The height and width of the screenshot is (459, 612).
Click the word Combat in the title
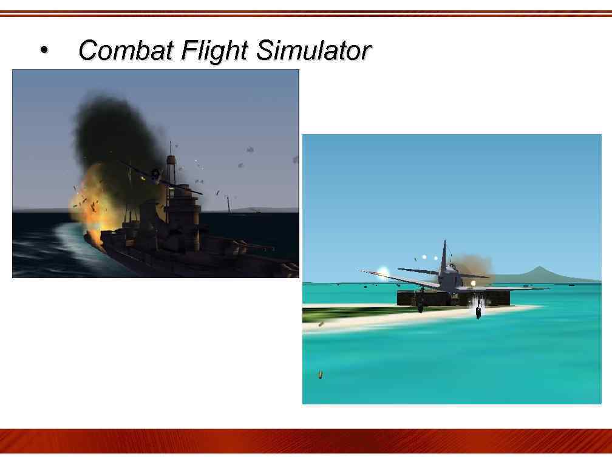(x=126, y=50)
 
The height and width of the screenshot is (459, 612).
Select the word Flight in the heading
(x=215, y=50)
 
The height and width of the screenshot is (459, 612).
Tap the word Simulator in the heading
(x=313, y=50)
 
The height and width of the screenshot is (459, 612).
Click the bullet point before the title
(x=43, y=50)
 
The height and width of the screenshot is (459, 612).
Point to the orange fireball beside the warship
(x=91, y=197)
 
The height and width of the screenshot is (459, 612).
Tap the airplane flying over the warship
(x=155, y=175)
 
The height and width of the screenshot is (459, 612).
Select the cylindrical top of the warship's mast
(x=171, y=161)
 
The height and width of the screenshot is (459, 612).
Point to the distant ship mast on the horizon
(x=228, y=203)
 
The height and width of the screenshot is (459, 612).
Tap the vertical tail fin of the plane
(x=444, y=255)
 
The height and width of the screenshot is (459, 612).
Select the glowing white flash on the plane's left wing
(x=383, y=272)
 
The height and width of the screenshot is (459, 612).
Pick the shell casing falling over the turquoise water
(x=320, y=375)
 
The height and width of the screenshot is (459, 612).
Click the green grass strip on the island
(x=340, y=313)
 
